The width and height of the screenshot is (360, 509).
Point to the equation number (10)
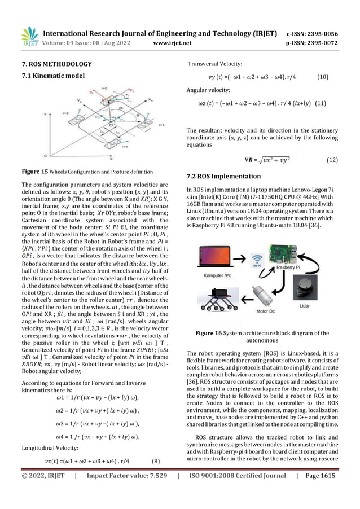click(x=324, y=76)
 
